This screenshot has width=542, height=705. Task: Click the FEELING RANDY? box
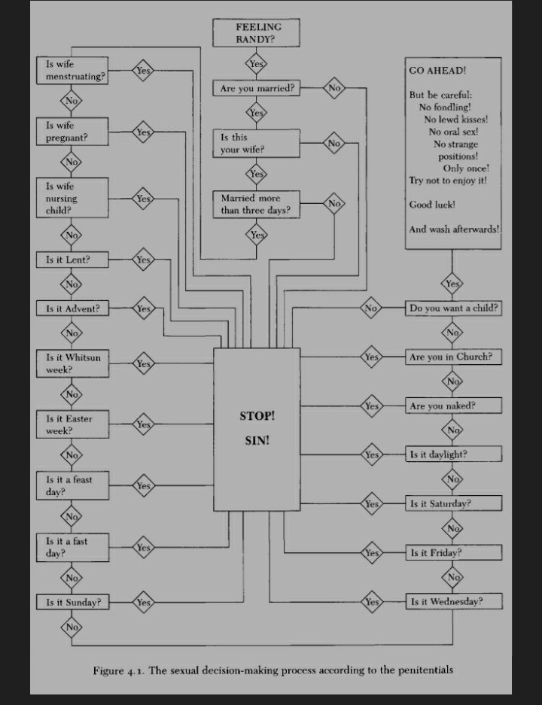pos(258,34)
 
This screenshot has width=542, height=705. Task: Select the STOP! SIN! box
pos(257,429)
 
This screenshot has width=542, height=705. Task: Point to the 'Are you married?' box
pos(257,89)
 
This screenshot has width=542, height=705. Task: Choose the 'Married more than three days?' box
pos(257,205)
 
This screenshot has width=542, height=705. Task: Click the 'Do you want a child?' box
pos(453,308)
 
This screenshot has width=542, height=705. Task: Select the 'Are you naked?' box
pos(453,406)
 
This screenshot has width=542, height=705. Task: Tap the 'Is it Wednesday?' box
pos(453,602)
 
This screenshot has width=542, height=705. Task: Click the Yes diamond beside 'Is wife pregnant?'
pos(143,132)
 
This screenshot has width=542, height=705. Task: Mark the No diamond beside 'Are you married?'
pos(334,89)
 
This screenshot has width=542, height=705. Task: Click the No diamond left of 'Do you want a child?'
pos(371,308)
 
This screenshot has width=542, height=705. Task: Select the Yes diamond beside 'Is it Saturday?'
pos(371,503)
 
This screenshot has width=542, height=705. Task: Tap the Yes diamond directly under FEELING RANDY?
pos(257,63)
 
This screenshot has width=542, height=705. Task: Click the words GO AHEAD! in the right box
pos(437,70)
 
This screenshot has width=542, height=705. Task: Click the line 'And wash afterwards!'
pos(454,229)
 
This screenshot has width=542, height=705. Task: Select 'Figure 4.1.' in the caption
pos(119,670)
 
